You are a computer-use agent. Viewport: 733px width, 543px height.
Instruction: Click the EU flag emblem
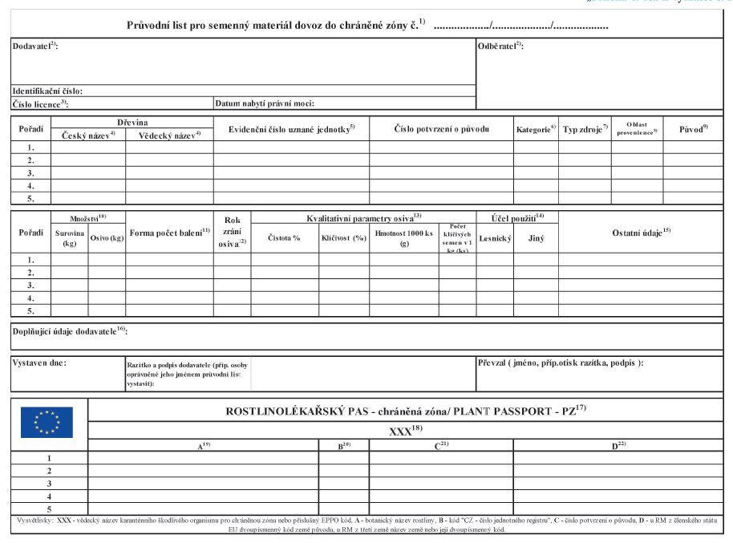(47, 422)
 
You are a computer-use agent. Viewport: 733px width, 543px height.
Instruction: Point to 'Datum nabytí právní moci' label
(264, 103)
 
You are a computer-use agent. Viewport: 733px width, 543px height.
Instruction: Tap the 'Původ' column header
(693, 128)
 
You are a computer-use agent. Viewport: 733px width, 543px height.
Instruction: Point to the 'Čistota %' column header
(284, 237)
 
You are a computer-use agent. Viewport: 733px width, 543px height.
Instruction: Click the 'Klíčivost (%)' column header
(343, 237)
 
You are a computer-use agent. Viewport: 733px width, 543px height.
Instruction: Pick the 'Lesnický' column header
(495, 237)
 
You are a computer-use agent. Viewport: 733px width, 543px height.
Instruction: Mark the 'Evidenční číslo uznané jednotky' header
(291, 128)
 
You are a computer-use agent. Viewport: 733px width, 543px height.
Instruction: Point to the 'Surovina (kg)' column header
(70, 238)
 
